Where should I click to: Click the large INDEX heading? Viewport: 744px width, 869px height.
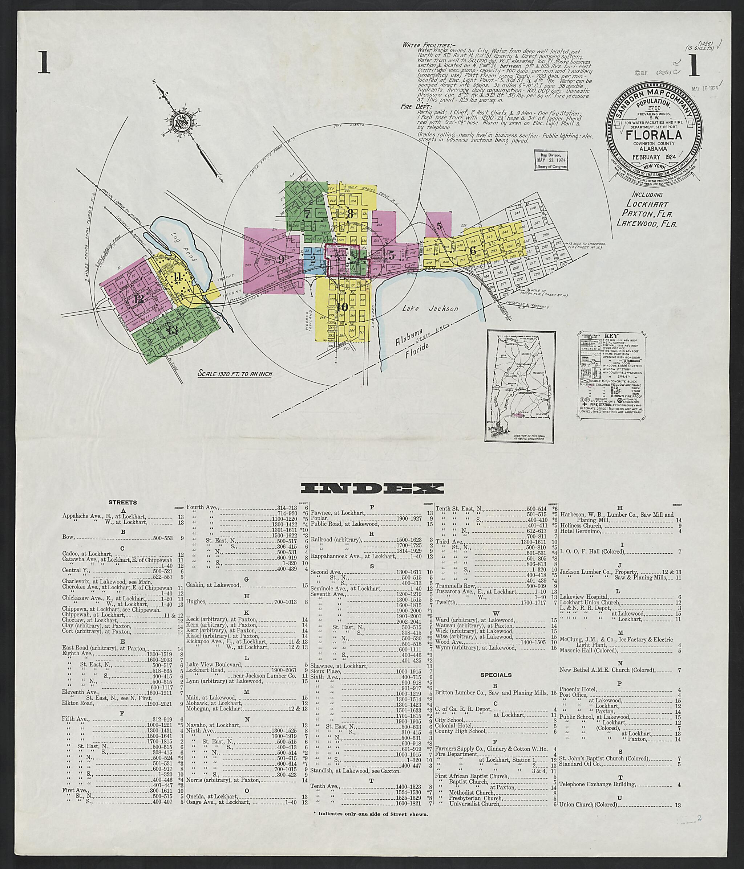pyautogui.click(x=372, y=488)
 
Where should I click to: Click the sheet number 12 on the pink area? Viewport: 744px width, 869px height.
pyautogui.click(x=139, y=299)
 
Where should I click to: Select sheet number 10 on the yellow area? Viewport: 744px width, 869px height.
pyautogui.click(x=342, y=307)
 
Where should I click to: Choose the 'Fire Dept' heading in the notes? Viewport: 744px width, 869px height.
pyautogui.click(x=412, y=107)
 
